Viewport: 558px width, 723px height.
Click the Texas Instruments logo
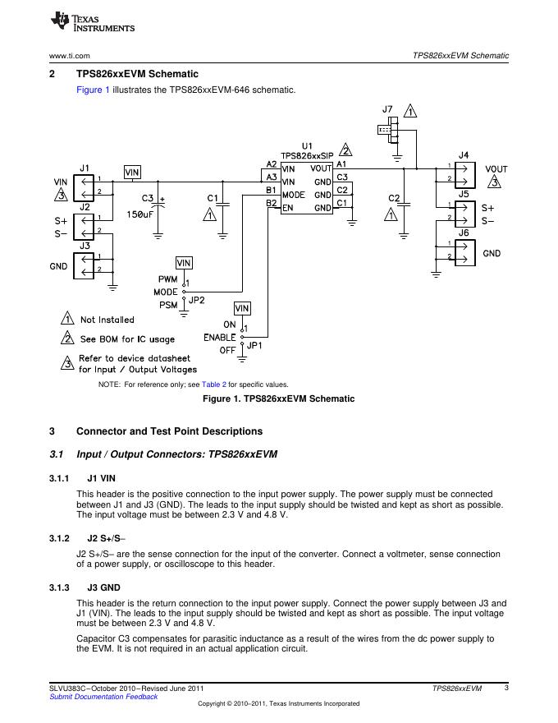pyautogui.click(x=92, y=22)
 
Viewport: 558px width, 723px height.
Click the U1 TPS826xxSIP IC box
pyautogui.click(x=307, y=188)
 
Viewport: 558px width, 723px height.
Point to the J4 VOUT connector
pyautogui.click(x=464, y=173)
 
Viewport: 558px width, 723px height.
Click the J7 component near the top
pyautogui.click(x=387, y=128)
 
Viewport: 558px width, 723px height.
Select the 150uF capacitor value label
pyautogui.click(x=139, y=215)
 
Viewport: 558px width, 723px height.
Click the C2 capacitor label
pyautogui.click(x=394, y=198)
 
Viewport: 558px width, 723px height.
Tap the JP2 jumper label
pyautogui.click(x=197, y=301)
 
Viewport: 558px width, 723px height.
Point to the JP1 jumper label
pyautogui.click(x=254, y=346)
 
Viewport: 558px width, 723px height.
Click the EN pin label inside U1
pyautogui.click(x=288, y=208)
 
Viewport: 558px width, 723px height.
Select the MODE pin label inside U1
pyautogui.click(x=294, y=195)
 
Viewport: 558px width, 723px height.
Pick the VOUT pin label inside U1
pyautogui.click(x=322, y=168)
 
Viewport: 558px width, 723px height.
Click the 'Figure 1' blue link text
pyautogui.click(x=93, y=90)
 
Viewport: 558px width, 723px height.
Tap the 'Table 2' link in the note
pyautogui.click(x=213, y=385)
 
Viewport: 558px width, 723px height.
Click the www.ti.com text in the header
pyautogui.click(x=69, y=56)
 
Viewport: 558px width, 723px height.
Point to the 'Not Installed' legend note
pyautogui.click(x=107, y=320)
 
